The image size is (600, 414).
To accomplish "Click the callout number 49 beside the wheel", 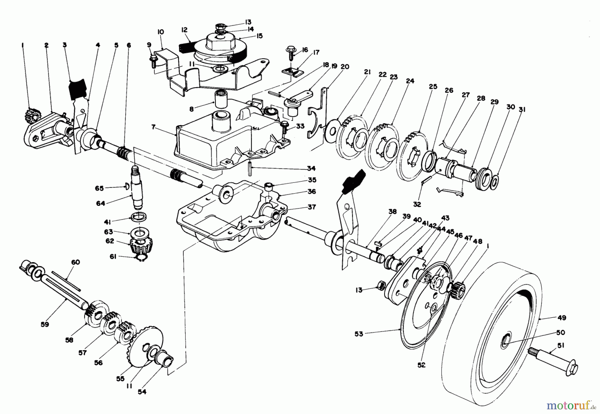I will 562,318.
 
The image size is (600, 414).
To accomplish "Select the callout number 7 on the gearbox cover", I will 153,127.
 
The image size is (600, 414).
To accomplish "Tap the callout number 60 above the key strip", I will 75,262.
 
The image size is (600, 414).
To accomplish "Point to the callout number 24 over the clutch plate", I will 410,81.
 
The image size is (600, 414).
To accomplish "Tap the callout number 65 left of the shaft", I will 99,188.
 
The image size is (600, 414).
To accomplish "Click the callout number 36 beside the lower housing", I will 312,192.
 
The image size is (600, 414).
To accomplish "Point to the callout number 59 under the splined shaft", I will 45,324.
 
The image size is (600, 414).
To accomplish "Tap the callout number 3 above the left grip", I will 65,45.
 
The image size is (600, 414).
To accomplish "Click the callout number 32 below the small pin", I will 417,204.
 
